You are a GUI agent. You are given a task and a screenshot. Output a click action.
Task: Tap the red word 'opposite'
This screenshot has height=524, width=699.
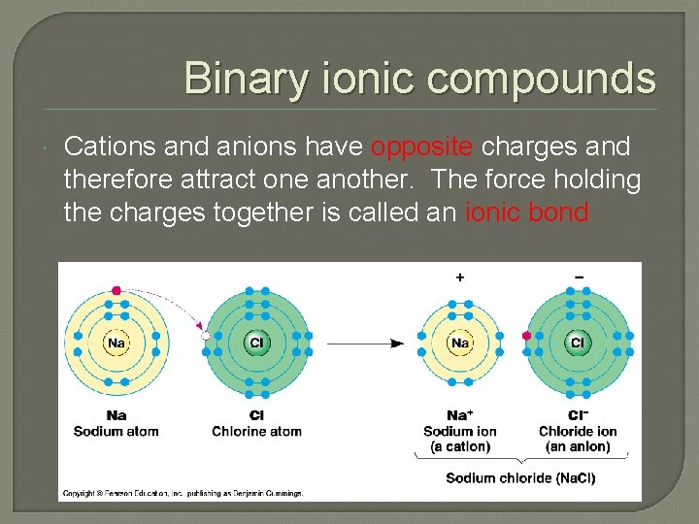point(422,147)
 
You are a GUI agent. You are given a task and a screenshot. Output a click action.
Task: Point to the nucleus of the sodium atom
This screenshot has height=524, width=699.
point(116,343)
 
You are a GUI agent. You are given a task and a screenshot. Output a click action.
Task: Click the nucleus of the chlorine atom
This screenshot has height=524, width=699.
point(257,343)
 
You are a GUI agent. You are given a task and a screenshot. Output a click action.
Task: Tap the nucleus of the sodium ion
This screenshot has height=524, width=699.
point(460,343)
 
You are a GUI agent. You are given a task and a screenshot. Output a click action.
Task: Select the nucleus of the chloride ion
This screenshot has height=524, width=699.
point(578,343)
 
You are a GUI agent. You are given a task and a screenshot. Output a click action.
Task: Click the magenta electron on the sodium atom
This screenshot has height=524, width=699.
point(116,290)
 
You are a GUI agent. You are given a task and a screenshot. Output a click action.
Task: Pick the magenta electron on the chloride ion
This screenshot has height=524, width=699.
point(527,336)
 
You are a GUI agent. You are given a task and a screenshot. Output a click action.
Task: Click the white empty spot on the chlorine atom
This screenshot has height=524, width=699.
point(206,336)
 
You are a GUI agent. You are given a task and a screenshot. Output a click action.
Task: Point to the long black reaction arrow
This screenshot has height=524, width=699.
point(365,343)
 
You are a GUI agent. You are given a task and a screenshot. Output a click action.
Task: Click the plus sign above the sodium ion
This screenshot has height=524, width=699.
point(460,277)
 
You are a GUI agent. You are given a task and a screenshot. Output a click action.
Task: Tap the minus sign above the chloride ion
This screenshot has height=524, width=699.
point(579,277)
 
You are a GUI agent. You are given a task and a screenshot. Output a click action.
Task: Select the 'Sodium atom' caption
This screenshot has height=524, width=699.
point(116,431)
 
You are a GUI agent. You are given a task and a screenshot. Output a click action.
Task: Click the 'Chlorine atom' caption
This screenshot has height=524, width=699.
point(257,431)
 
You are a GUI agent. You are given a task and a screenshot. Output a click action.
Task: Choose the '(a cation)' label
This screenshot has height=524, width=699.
point(460,446)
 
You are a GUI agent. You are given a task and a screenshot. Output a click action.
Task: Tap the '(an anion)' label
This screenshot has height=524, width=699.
point(578,446)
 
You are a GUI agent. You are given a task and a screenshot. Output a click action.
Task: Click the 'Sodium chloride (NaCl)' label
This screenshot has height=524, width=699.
point(520,477)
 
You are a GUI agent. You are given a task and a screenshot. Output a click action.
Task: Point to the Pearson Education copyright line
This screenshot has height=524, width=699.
point(183,493)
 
